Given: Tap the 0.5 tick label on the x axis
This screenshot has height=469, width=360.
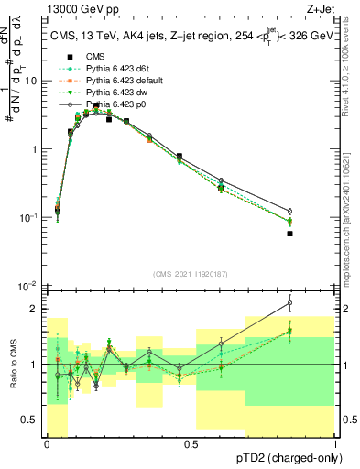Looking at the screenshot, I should (x=191, y=444).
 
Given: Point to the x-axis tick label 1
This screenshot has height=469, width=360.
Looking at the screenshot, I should (x=335, y=444).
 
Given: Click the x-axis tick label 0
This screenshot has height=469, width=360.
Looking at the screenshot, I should (x=47, y=444).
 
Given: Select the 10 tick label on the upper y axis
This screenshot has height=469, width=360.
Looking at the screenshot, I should (x=34, y=81).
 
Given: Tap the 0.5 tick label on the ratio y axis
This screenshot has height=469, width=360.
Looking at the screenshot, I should (x=32, y=420).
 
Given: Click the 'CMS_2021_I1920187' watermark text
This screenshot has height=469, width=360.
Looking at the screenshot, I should (x=191, y=274).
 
